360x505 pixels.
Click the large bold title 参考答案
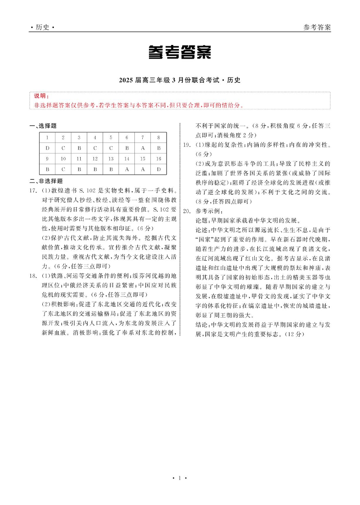[179, 52]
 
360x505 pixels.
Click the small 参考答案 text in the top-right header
[317, 27]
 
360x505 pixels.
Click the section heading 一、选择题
[43, 126]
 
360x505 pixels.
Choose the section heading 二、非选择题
[46, 181]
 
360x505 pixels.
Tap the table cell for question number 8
[159, 138]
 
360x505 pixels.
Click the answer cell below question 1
[47, 148]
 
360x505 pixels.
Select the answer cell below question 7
[143, 148]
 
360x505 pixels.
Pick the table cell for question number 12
[95, 159]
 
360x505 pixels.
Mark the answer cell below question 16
[159, 169]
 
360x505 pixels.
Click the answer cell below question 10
[63, 169]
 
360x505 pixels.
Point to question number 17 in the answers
[32, 191]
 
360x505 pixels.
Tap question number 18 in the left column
[32, 276]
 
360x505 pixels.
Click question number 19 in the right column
[186, 145]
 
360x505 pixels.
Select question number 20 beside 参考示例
[186, 211]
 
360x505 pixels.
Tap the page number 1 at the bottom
[180, 478]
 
